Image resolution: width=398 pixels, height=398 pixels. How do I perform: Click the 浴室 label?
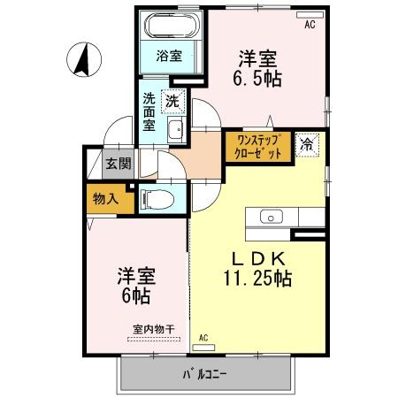170,56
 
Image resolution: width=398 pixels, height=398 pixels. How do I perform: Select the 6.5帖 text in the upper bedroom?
256,78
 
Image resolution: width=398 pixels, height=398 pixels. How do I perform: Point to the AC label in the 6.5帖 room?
310,25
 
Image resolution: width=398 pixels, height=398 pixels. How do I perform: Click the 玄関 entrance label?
119,163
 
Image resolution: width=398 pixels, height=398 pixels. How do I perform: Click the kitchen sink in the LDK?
271,216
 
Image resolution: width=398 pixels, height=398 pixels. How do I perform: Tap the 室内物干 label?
154,330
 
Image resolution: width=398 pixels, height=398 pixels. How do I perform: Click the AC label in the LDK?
203,337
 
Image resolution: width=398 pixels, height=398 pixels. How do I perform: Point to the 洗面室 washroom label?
150,111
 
